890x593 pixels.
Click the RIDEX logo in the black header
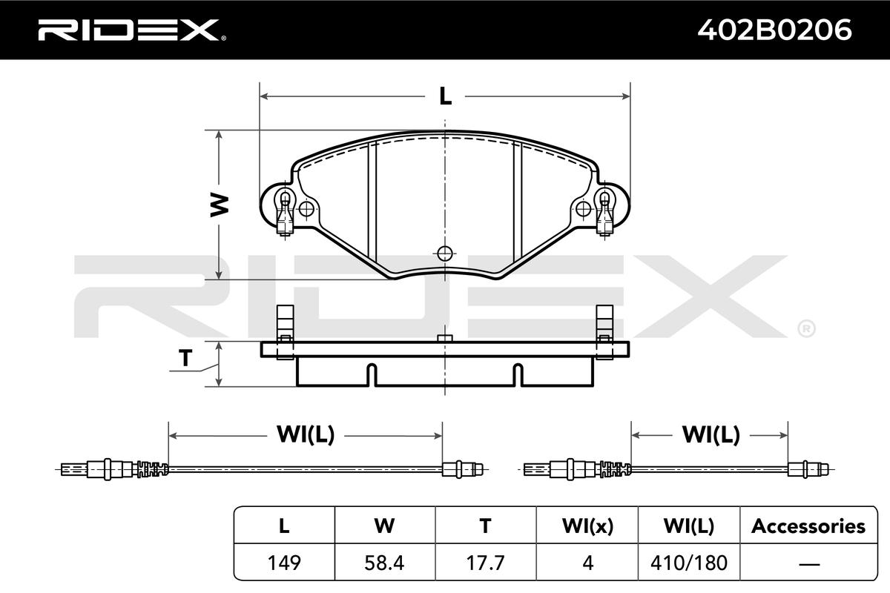[x=132, y=30]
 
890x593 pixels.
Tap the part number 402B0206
[x=774, y=30]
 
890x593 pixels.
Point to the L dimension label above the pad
[x=445, y=96]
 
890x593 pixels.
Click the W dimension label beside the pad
[x=220, y=205]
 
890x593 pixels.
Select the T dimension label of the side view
[x=185, y=357]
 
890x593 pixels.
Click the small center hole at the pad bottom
[x=444, y=254]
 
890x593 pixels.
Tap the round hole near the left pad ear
[x=306, y=209]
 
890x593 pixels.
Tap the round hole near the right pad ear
[x=583, y=209]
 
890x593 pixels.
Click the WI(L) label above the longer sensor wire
[x=306, y=434]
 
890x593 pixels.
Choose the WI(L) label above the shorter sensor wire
[x=711, y=434]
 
